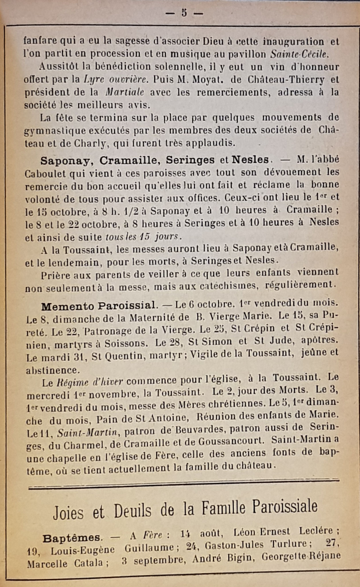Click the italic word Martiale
[125, 92]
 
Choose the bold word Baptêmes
[72, 538]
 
